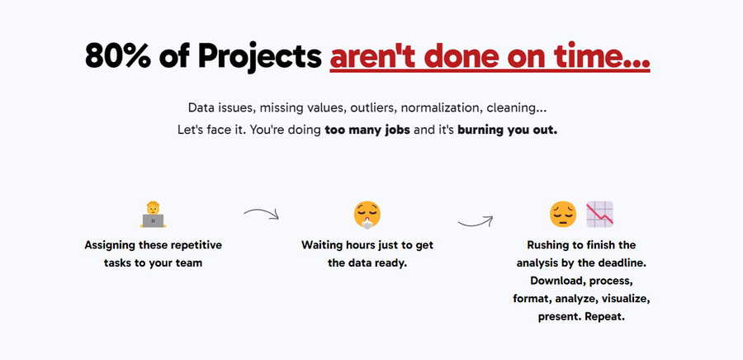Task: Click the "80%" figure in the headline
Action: [118, 55]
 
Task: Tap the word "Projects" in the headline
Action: [260, 57]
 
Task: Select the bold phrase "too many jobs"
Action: [367, 130]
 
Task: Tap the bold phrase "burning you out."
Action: [507, 130]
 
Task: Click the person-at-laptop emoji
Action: [153, 215]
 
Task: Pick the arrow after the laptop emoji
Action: [262, 213]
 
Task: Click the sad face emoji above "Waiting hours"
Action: [367, 215]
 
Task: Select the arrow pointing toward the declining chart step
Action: [476, 221]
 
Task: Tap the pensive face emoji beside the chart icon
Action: [563, 215]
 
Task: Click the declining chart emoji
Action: [599, 215]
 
